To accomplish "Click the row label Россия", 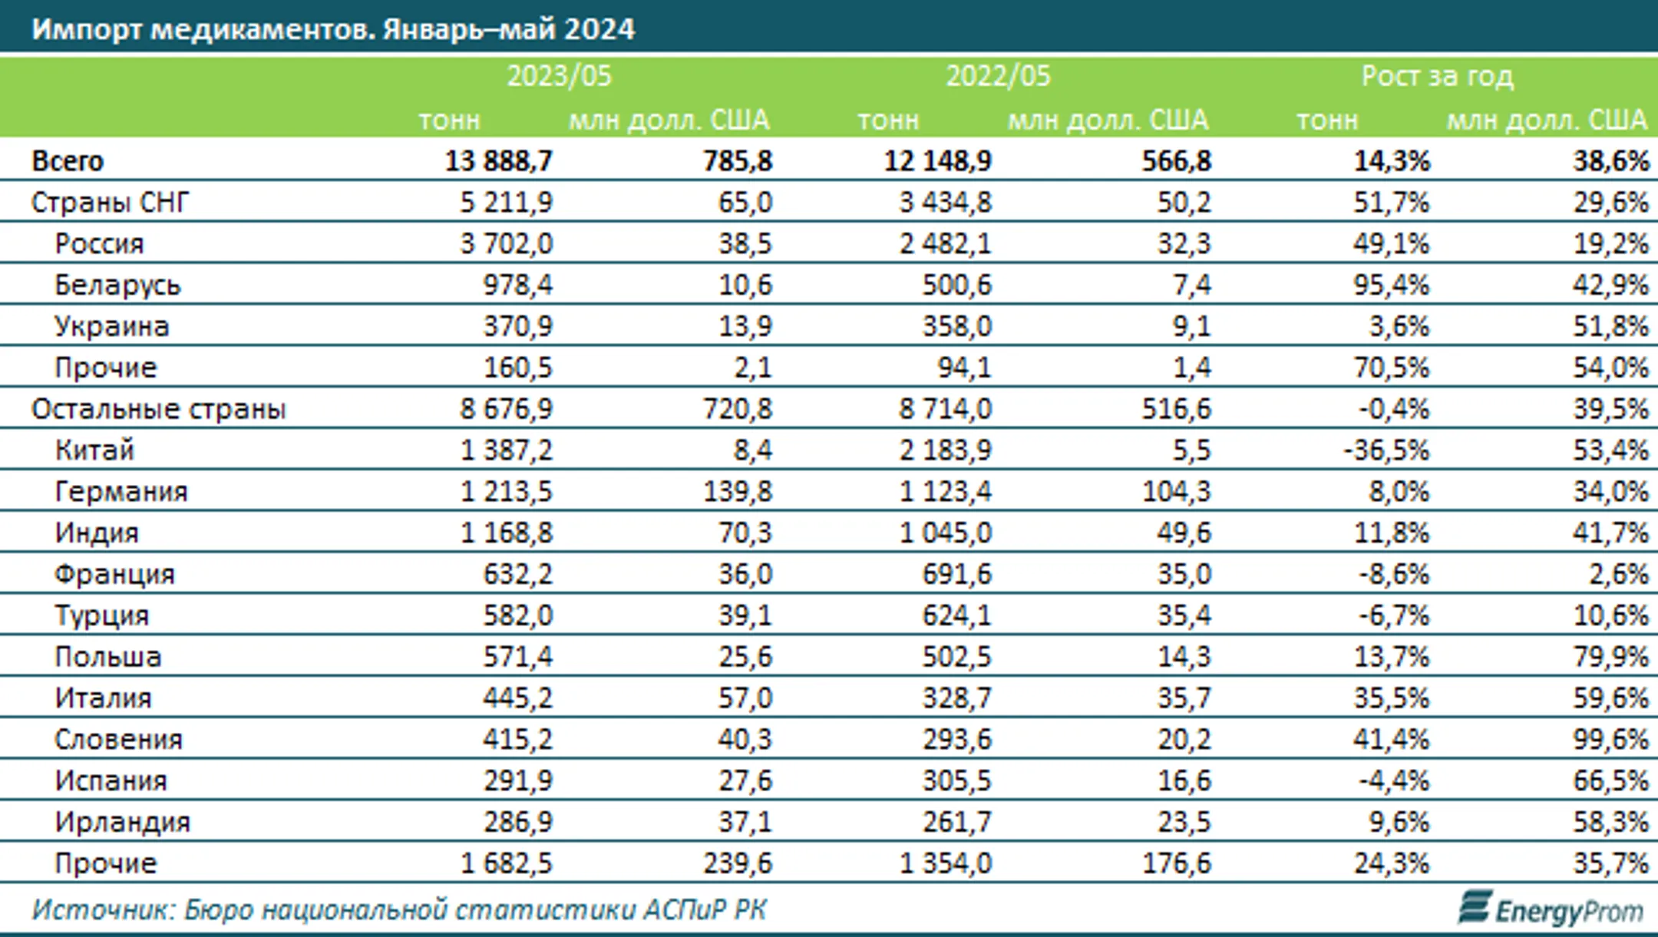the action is click(x=99, y=244).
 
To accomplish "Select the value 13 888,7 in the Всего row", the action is click(x=498, y=161).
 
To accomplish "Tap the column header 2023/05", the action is click(x=559, y=76).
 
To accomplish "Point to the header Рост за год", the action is click(x=1437, y=76).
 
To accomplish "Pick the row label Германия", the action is click(x=121, y=492).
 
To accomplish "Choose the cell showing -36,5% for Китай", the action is click(x=1386, y=450).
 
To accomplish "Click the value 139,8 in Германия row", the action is click(x=738, y=492).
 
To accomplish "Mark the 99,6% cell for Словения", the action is click(x=1610, y=740).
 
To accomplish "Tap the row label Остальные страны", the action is click(x=158, y=409).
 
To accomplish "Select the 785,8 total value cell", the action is click(x=738, y=161).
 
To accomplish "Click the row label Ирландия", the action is click(x=122, y=823).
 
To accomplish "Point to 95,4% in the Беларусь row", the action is click(x=1392, y=285).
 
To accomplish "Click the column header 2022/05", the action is click(x=998, y=76).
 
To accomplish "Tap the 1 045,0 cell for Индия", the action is click(x=946, y=533).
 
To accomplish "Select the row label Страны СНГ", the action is click(x=110, y=203).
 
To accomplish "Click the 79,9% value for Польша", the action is click(x=1610, y=657).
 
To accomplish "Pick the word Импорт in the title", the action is click(x=87, y=29).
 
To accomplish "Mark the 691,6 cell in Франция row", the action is click(x=957, y=575).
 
